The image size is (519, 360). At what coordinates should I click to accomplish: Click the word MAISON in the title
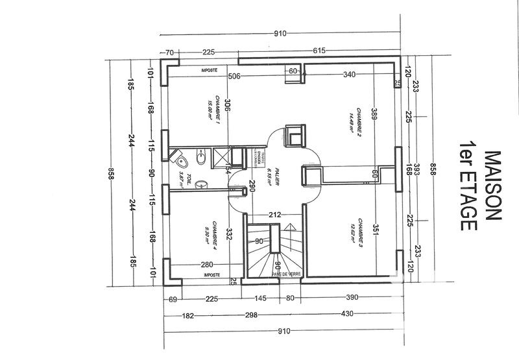[492, 188]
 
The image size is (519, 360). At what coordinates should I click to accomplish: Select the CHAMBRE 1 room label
[214, 108]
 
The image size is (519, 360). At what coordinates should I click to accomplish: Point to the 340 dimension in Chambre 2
[349, 75]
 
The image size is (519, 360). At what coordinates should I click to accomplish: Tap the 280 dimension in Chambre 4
[207, 265]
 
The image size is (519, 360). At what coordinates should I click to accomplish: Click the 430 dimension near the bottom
[348, 315]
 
